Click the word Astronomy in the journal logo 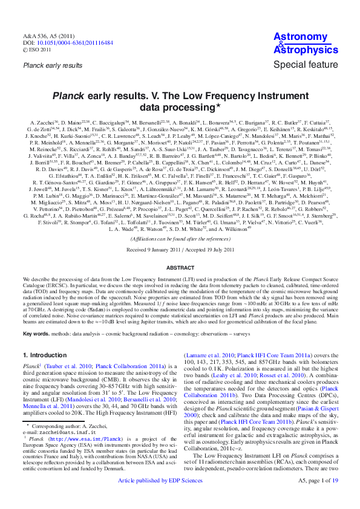(301, 37)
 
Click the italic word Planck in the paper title (67, 96)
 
